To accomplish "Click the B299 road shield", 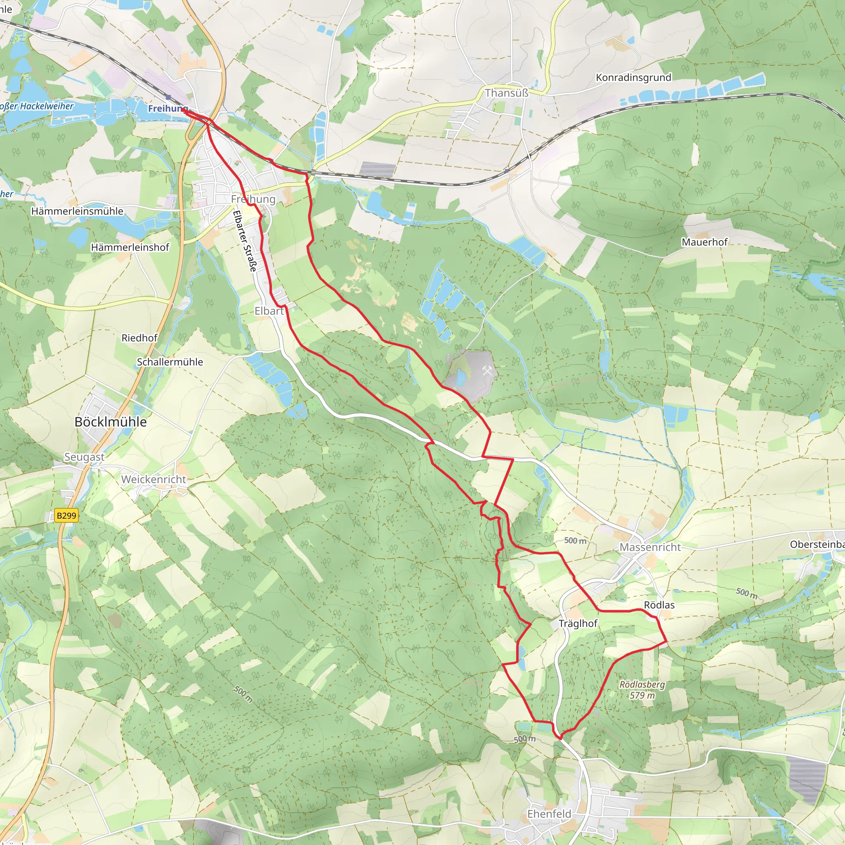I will (66, 516).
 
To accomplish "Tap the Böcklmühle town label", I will (111, 422).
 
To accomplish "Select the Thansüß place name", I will (507, 93).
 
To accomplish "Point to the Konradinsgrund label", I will (633, 78).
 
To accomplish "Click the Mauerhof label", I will (704, 242).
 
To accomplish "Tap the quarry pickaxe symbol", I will (487, 371).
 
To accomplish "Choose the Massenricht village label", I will (650, 547).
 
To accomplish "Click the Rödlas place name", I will (659, 605).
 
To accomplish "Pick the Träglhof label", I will (578, 623).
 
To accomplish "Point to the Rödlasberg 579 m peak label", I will (642, 690).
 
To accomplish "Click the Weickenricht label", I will (153, 479).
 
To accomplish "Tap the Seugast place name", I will (85, 457).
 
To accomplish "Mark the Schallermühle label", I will (170, 362).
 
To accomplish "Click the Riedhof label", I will (139, 338).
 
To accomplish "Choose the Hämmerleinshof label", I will (130, 248).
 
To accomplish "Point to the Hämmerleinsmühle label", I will (77, 211).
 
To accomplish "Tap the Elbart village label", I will (269, 311).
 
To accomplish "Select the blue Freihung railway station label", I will (168, 108).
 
